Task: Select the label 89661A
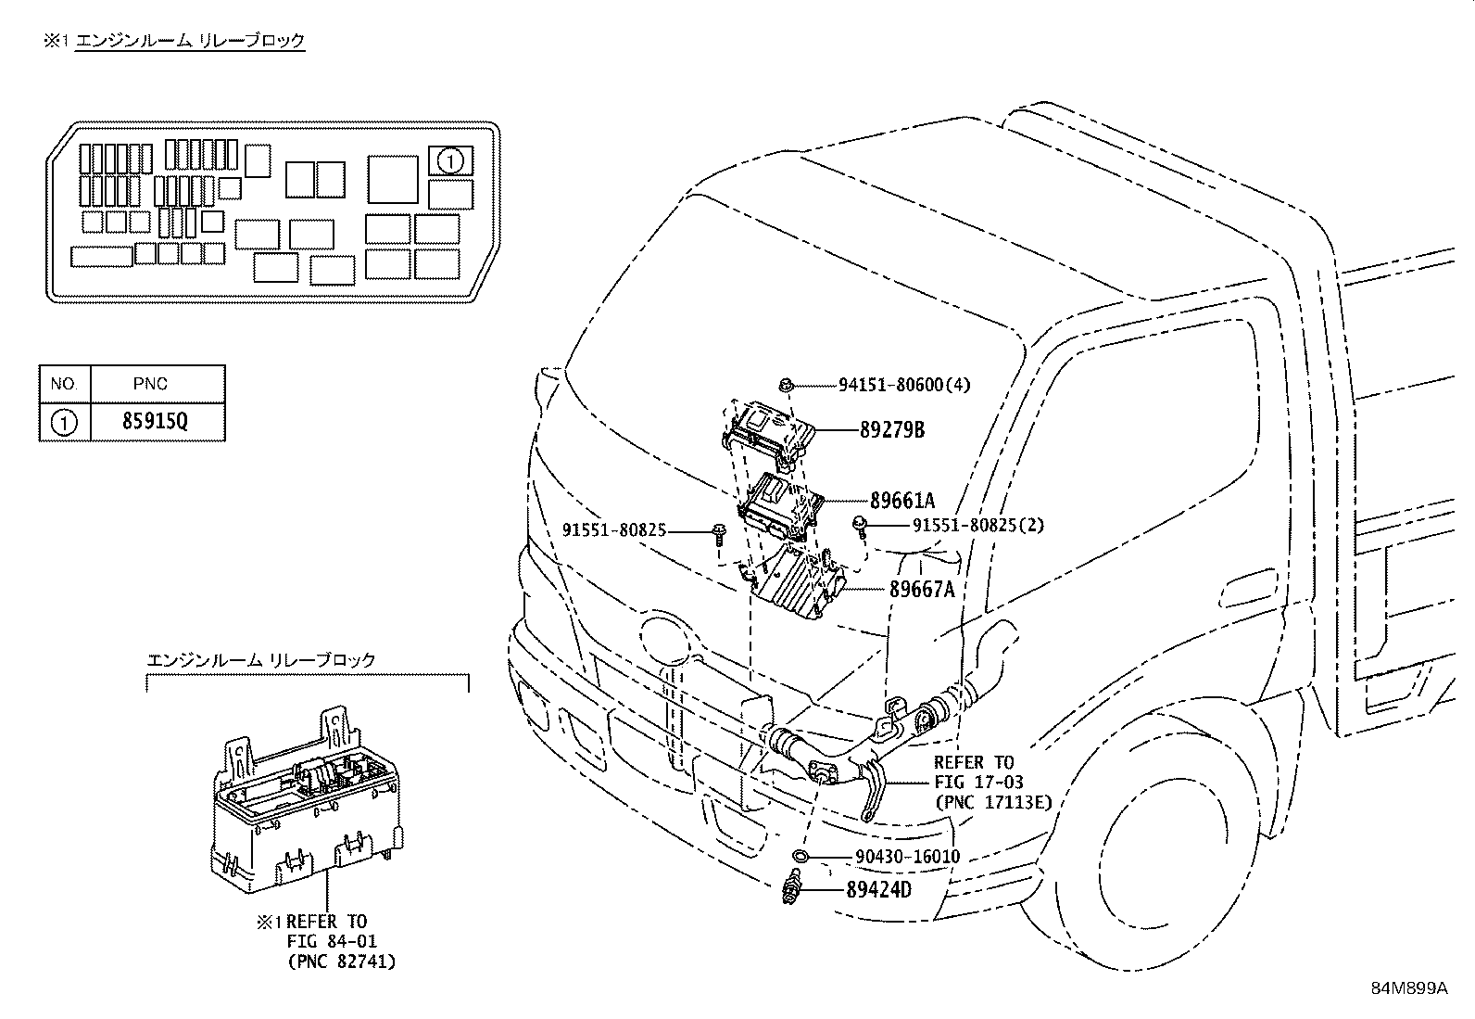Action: point(901,501)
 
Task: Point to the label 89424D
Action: point(877,890)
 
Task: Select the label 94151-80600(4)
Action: point(904,384)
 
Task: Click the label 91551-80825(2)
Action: point(977,525)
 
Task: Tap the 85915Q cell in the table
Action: point(155,423)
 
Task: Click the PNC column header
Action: point(150,384)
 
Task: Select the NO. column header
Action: point(64,384)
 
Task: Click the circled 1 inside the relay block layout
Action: point(450,161)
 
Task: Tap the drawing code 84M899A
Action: point(1408,988)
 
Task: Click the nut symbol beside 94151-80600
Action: point(786,385)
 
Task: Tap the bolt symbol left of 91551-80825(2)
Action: point(861,526)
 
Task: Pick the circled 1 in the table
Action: point(63,424)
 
